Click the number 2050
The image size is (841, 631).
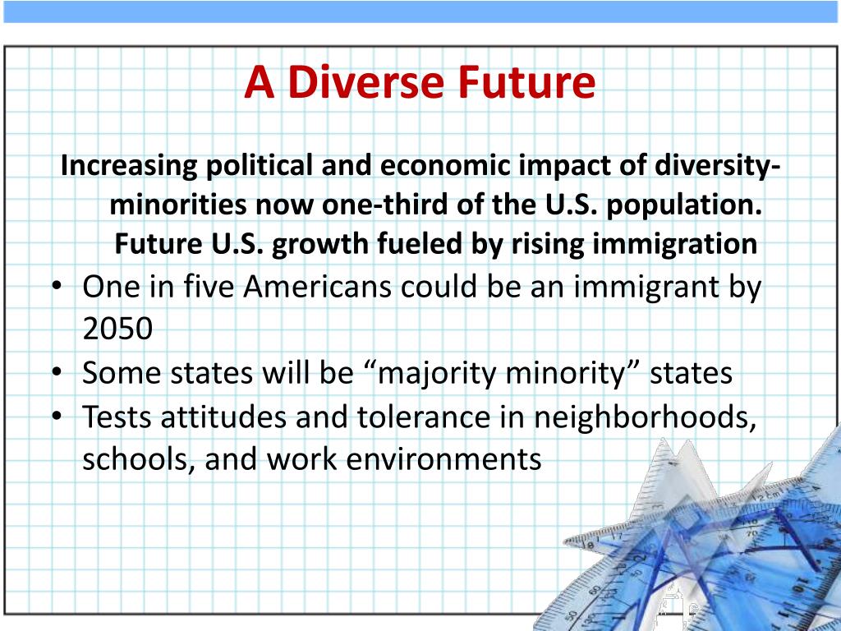117,329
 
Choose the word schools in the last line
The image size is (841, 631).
136,458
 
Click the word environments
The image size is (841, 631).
444,458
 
